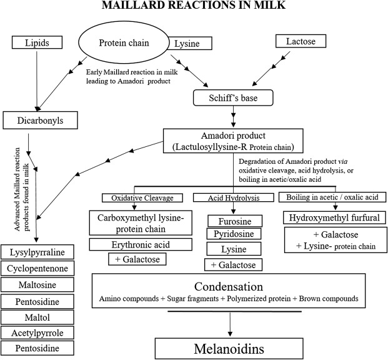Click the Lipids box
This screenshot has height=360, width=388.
(37, 42)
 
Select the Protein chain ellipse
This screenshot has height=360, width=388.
(124, 42)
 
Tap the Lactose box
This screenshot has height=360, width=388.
(301, 41)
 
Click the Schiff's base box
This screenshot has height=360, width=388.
(233, 97)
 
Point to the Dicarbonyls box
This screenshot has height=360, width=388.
(41, 121)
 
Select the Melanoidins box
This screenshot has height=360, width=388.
(229, 349)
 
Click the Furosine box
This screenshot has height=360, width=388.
(235, 221)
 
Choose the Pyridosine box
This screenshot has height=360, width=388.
(234, 234)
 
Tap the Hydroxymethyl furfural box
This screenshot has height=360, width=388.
(334, 217)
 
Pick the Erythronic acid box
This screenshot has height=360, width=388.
(141, 244)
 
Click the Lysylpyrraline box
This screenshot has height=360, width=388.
(37, 252)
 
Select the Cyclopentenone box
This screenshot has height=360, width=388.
(37, 268)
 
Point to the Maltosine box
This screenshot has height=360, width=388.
(37, 284)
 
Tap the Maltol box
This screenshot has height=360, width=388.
(37, 317)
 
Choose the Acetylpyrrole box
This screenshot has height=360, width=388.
(37, 332)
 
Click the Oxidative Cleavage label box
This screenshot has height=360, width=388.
(142, 198)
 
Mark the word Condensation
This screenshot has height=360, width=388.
(229, 286)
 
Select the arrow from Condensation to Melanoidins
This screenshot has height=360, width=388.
(230, 324)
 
